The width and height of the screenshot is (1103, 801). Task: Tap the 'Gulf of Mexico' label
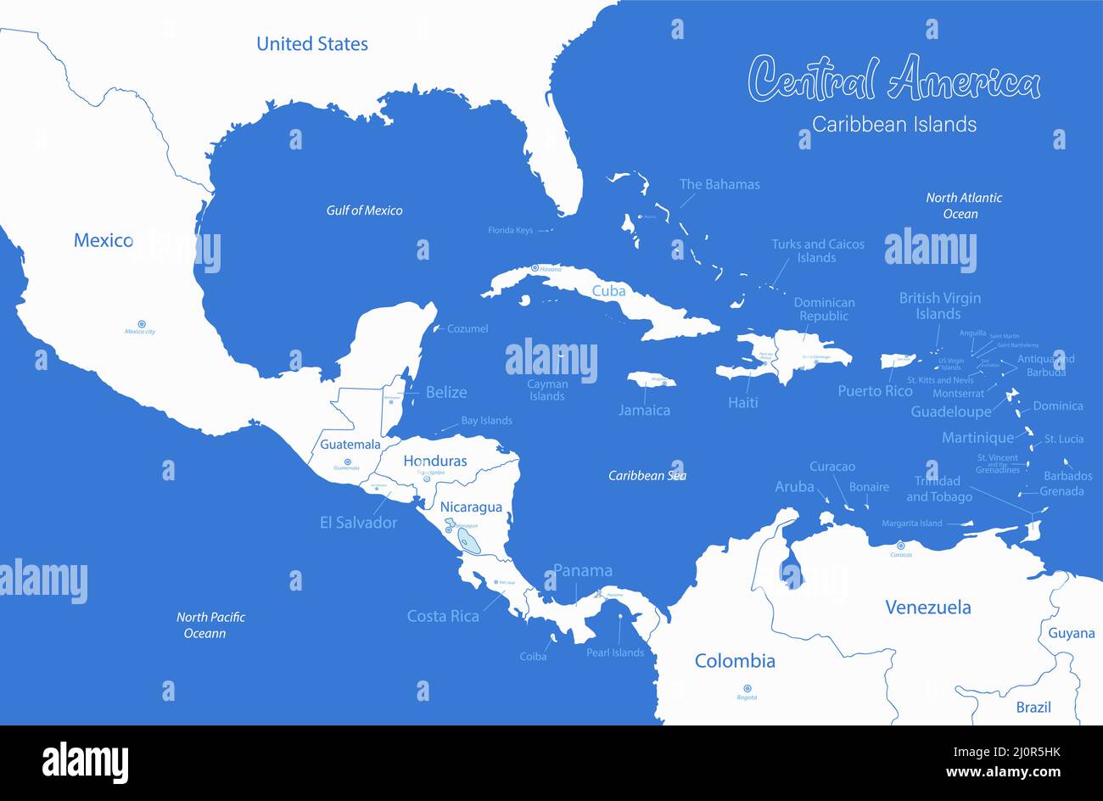point(364,210)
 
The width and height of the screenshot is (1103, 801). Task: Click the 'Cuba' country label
point(608,291)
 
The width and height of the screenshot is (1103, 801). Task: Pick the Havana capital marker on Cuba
point(535,269)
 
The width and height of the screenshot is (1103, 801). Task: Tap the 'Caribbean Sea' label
point(647,475)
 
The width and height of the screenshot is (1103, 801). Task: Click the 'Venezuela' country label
point(927,607)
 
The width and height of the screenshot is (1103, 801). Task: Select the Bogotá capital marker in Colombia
point(747,688)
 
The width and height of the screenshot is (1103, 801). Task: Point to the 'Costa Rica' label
point(443,616)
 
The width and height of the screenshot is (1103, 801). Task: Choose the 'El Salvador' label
point(358,523)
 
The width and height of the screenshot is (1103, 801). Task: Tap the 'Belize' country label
point(446,392)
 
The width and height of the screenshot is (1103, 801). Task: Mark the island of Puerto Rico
point(898,361)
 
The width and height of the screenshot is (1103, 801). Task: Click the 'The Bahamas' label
point(719,184)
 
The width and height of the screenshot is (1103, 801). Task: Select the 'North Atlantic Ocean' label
point(963,205)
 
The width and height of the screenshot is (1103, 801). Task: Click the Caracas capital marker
point(901,546)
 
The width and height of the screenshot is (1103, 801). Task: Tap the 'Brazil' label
point(1033,707)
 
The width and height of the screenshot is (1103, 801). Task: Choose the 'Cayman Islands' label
point(547,390)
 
